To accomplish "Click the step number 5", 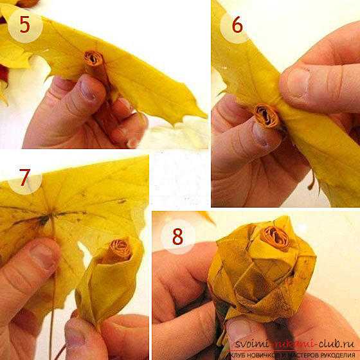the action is pyautogui.click(x=25, y=24).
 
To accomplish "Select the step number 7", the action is pyautogui.click(x=24, y=177).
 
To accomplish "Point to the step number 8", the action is pyautogui.click(x=177, y=237).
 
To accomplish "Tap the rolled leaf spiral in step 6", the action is pyautogui.click(x=267, y=116).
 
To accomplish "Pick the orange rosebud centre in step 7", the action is pyautogui.click(x=120, y=250).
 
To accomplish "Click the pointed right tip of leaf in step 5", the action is pyautogui.click(x=206, y=116).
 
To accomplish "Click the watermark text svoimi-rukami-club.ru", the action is pyautogui.click(x=294, y=345).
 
